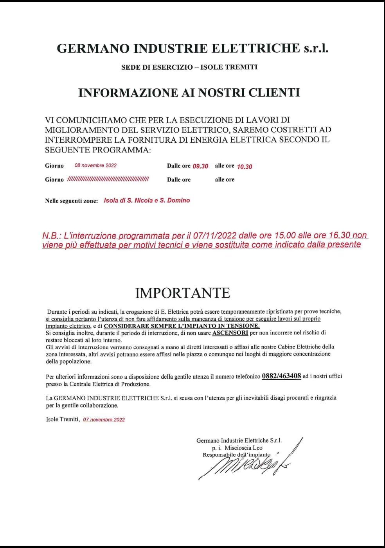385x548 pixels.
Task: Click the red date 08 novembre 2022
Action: (95, 165)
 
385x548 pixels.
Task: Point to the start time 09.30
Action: (200, 166)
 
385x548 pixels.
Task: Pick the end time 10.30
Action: (245, 167)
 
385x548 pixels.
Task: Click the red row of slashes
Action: (108, 180)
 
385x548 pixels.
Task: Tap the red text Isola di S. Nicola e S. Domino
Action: (147, 200)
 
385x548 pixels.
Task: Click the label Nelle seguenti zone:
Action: (72, 201)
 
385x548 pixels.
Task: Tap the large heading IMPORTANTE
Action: (183, 293)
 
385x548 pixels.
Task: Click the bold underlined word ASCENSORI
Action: (230, 333)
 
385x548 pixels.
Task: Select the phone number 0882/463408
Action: (281, 376)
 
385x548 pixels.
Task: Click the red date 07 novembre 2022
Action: (104, 420)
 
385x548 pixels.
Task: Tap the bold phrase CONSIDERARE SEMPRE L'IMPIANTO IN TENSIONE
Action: (182, 326)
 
